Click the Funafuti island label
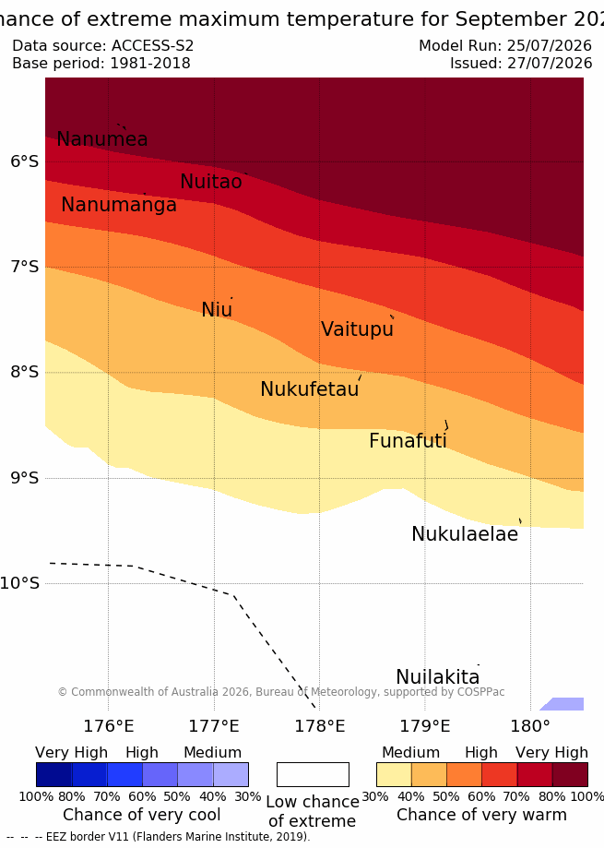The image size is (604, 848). coord(408,441)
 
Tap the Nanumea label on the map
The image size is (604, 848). coord(102,139)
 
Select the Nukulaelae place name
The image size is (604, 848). coord(465,534)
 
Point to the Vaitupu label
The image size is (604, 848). coord(357,329)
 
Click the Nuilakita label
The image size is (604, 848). coord(438,677)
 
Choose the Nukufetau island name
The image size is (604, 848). coord(310,389)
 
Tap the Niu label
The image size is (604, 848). coord(217,310)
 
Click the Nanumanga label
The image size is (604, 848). coord(119,205)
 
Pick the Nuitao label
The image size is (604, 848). coord(210,182)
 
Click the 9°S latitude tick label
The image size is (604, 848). coord(25,478)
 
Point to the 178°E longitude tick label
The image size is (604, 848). coord(319,726)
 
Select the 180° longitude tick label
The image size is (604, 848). coord(530,726)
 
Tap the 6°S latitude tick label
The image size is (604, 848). coord(25,161)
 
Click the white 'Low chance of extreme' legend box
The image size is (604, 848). coord(313,774)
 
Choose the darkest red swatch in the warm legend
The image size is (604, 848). coord(570,774)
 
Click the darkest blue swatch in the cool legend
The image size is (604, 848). coord(54,774)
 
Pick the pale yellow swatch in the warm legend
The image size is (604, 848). coord(394,774)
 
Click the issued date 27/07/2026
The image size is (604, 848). coord(550,64)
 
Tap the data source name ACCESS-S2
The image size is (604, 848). coord(152,45)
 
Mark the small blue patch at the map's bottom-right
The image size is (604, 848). coord(563,704)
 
